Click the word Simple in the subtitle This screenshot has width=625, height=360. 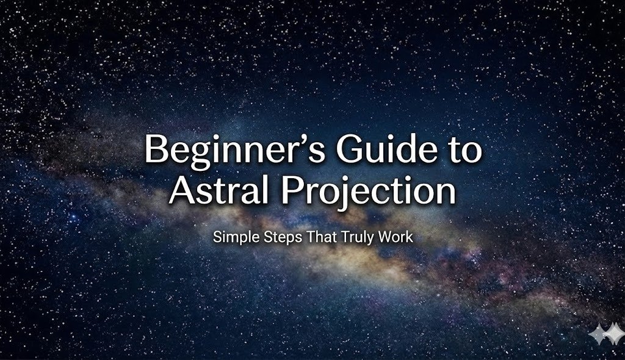pos(231,237)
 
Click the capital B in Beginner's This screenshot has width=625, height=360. pos(155,150)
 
